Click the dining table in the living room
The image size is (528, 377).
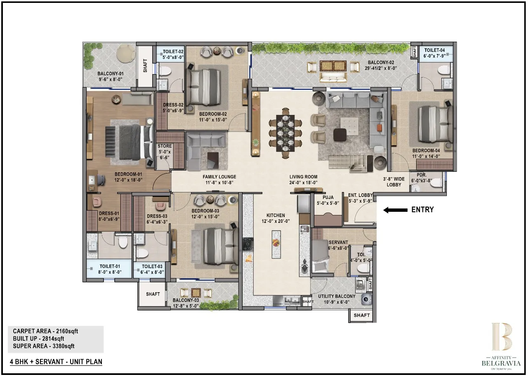[285, 133]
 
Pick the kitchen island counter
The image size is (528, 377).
[276, 244]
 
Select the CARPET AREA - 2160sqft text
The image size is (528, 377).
[45, 331]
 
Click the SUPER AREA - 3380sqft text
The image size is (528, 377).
[44, 346]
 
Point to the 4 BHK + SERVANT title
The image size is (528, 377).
[56, 362]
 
